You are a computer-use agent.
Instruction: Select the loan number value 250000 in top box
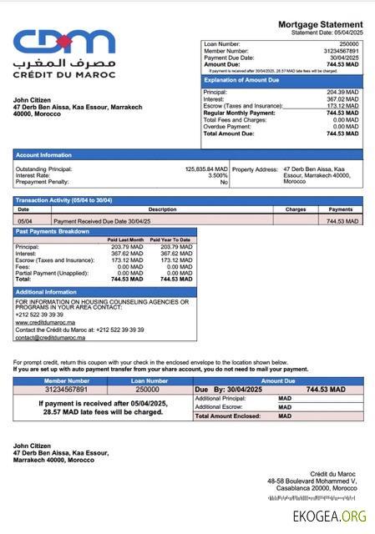(x=348, y=43)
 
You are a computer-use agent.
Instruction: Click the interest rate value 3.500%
(x=217, y=175)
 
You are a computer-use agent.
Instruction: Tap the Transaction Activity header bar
(x=63, y=200)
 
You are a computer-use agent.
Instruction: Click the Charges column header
(x=296, y=209)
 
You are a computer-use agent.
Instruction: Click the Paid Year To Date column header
(x=175, y=239)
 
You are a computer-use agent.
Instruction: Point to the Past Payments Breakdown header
(x=53, y=231)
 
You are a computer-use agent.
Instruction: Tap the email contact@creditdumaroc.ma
(x=50, y=337)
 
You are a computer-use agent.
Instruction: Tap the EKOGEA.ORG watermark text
(x=329, y=516)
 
